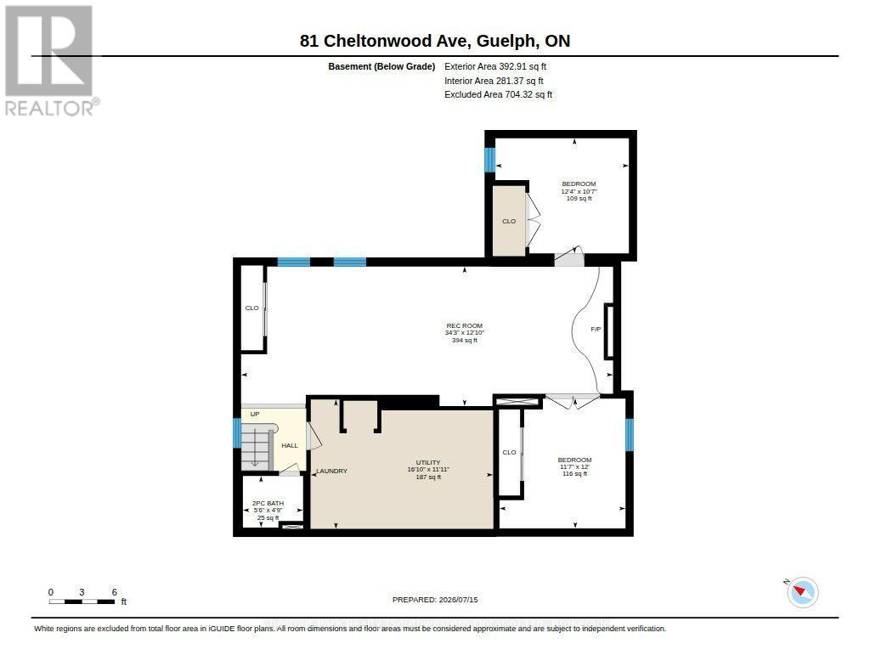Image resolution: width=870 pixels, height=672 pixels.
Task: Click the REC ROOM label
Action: pyautogui.click(x=465, y=325)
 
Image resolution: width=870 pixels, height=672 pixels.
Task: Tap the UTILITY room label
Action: pyautogui.click(x=428, y=462)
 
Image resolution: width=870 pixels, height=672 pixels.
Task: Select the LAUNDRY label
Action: pyautogui.click(x=332, y=472)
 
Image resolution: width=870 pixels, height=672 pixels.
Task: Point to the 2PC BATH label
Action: pyautogui.click(x=268, y=503)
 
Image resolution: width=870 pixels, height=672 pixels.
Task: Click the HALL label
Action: pyautogui.click(x=290, y=445)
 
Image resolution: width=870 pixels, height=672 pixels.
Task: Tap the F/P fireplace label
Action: pyautogui.click(x=596, y=329)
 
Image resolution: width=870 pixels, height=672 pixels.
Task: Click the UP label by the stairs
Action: pyautogui.click(x=255, y=414)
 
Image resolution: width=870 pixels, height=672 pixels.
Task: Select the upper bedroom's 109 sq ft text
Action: pyautogui.click(x=579, y=199)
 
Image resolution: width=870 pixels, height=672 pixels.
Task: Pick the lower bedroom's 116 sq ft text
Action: pyautogui.click(x=575, y=474)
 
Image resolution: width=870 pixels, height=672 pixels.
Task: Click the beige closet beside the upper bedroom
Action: pyautogui.click(x=509, y=221)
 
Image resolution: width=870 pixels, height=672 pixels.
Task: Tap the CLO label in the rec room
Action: pyautogui.click(x=251, y=308)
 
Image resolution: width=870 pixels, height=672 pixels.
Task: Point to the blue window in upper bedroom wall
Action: pyautogui.click(x=489, y=160)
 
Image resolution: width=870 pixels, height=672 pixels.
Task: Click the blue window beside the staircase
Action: pyautogui.click(x=237, y=432)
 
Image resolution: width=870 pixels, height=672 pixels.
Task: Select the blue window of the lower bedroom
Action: pyautogui.click(x=630, y=434)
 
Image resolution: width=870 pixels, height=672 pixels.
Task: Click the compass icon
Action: pyautogui.click(x=802, y=592)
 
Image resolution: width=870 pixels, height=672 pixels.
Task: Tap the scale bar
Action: pyautogui.click(x=82, y=601)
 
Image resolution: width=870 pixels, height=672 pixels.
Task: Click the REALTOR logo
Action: pyautogui.click(x=50, y=60)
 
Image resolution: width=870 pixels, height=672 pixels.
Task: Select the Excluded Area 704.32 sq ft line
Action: pyautogui.click(x=498, y=95)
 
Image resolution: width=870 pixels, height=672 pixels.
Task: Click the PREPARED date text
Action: pyautogui.click(x=435, y=600)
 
